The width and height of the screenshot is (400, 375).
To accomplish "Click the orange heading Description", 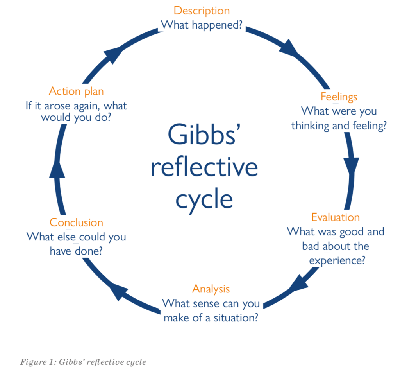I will pos(202,11).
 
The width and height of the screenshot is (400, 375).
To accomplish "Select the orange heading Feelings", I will pos(339,97).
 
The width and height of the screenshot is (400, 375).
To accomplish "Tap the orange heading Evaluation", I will pos(336,217).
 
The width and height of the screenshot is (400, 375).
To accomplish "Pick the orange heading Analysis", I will pos(211,289).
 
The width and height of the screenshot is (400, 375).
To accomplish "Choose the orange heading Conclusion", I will pos(76,222).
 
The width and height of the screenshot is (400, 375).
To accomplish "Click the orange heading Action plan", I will pos(76,92).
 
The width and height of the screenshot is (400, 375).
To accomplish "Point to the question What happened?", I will pos(202,25).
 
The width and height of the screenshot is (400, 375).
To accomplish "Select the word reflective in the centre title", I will pos(204,167).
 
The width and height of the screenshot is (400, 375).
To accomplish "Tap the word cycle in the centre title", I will pos(204,199).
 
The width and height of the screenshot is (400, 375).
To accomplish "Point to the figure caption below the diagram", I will pos(83,362).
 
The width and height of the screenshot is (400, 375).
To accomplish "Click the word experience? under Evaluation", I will pos(337,260).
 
